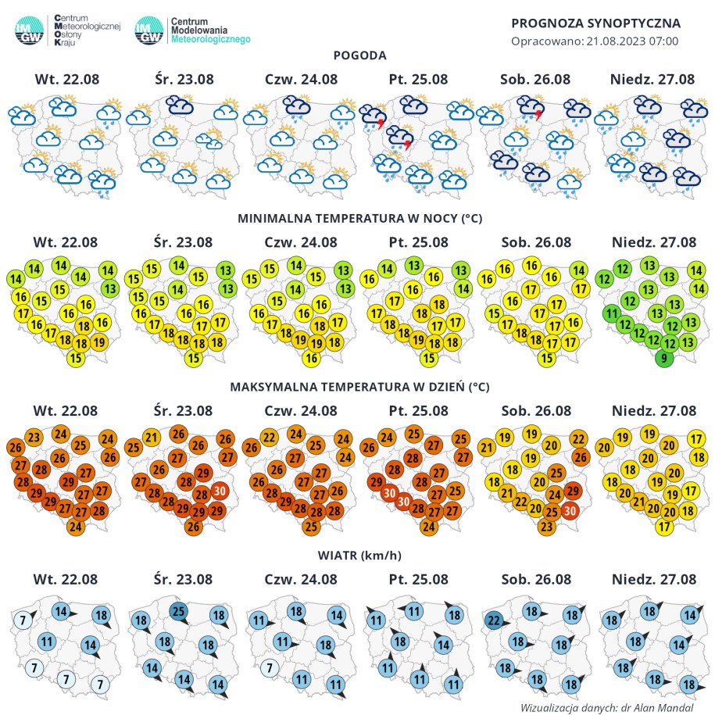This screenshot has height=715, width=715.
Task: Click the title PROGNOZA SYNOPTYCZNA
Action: [595, 23]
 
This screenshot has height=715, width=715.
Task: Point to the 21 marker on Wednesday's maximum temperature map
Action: [152, 438]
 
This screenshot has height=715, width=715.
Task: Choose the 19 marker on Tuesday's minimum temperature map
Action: [99, 341]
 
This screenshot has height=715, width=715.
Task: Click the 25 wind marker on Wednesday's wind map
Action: [178, 610]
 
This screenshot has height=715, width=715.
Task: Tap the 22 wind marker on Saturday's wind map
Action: [493, 621]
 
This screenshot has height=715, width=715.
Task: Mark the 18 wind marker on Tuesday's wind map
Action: [100, 614]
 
